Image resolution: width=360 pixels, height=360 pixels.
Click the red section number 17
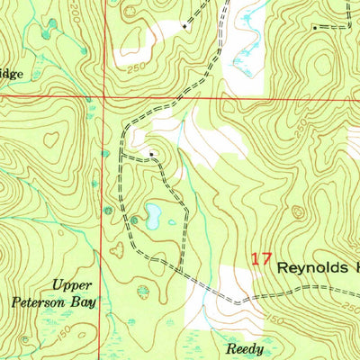pyautogui.click(x=261, y=258)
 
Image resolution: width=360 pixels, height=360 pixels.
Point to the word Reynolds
pyautogui.click(x=315, y=267)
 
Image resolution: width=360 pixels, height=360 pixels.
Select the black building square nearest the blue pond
pyautogui.click(x=152, y=154)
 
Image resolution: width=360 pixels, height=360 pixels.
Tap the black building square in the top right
pyautogui.click(x=314, y=28)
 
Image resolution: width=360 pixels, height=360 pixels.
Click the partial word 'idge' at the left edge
pyautogui.click(x=13, y=76)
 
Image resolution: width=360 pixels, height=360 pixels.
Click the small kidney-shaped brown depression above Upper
pyautogui.click(x=115, y=250)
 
